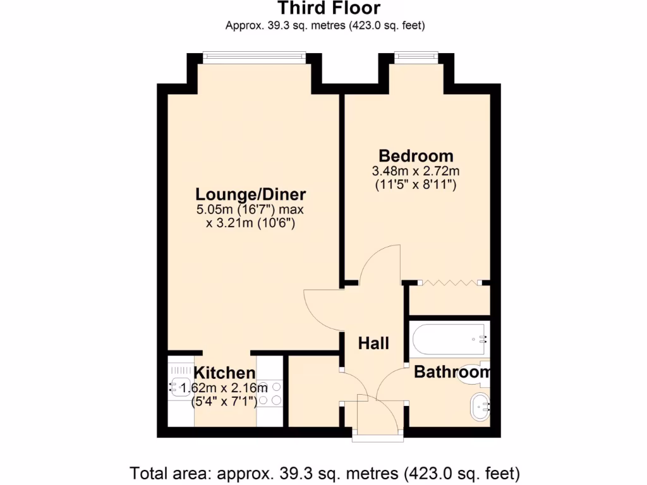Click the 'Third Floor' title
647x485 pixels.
[329, 8]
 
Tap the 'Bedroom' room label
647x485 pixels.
[416, 155]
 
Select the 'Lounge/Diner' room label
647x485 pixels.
[250, 194]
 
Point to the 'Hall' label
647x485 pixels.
[373, 344]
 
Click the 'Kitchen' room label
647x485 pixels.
[224, 373]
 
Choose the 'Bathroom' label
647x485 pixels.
[451, 373]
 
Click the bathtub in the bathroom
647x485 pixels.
[449, 340]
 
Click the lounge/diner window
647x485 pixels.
[255, 57]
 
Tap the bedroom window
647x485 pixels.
[416, 57]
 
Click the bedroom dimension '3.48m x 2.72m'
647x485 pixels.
[416, 171]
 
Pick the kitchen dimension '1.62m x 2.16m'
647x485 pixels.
[224, 388]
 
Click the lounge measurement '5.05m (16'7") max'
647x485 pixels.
[251, 210]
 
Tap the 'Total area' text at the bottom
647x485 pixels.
[325, 472]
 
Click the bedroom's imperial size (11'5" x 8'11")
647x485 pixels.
[416, 185]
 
